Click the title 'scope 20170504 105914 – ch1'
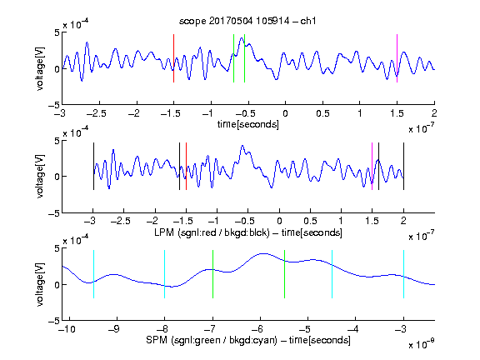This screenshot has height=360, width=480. coord(247,21)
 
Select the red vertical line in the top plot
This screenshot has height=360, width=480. coord(173,58)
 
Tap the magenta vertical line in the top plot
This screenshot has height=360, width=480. coord(397,58)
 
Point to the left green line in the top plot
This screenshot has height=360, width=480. coord(233,58)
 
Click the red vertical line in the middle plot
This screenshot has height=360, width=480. coord(186,166)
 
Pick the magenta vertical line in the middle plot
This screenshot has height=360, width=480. coord(372,166)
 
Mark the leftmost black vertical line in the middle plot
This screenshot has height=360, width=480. coord(93,166)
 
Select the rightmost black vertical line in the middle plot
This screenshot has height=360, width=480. coord(403,166)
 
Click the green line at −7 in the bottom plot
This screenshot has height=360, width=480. coord(212,274)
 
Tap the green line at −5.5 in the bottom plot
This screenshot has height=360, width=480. coord(284,274)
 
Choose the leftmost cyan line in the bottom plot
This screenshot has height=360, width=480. coord(93,274)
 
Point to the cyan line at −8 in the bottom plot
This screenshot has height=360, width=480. coord(164,274)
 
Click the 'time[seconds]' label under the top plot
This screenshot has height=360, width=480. coord(248,124)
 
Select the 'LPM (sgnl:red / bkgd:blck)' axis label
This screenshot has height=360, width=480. coord(212,232)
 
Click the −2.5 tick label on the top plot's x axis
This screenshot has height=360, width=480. coord(96,113)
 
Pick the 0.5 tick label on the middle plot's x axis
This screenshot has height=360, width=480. coord(310,221)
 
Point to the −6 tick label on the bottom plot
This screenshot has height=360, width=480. coord(257,329)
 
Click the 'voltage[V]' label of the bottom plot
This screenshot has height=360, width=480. coord(40,284)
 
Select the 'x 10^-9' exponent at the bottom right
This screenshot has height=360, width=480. coord(421,344)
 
